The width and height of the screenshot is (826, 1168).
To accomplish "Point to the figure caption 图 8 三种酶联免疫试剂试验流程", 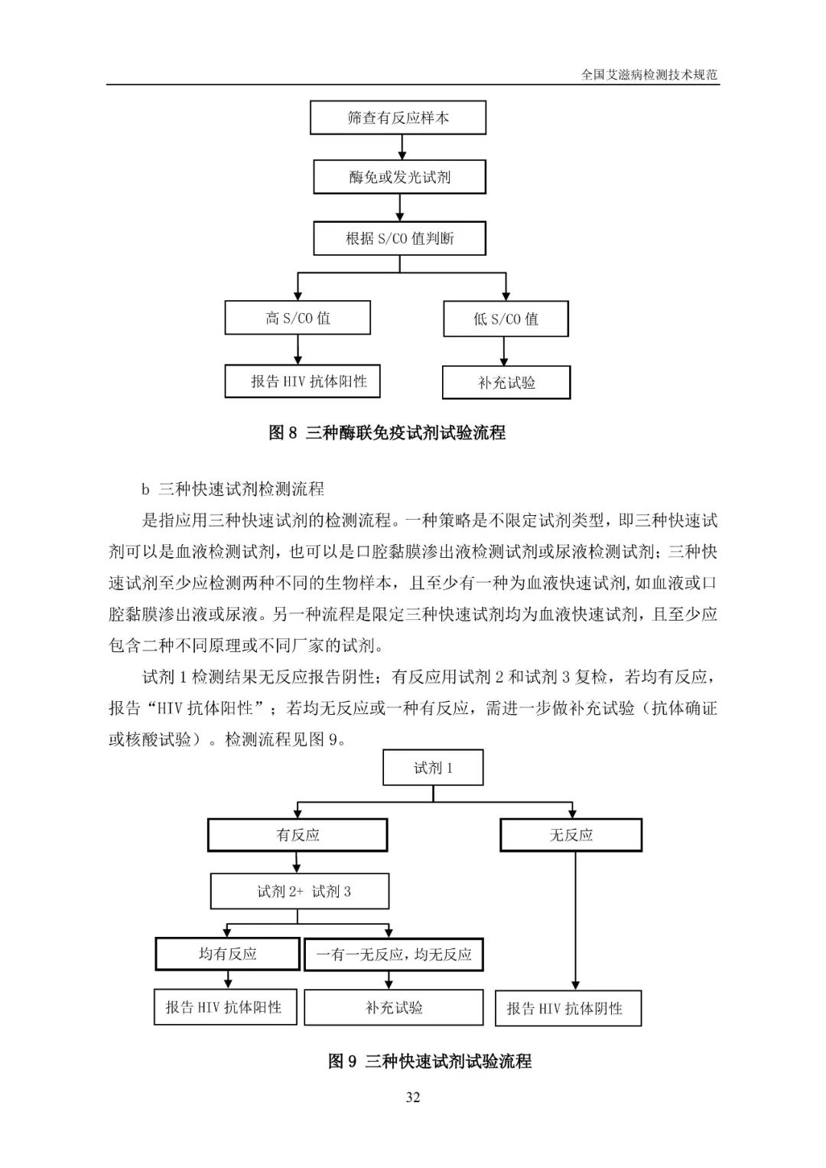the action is pyautogui.click(x=387, y=432).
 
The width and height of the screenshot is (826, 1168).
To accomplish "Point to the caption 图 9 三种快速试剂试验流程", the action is pyautogui.click(x=430, y=1061).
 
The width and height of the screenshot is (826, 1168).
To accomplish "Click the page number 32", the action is pyautogui.click(x=413, y=1097).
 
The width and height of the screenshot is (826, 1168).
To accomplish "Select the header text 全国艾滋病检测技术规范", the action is pyautogui.click(x=649, y=74).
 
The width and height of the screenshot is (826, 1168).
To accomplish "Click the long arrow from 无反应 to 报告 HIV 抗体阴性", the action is pyautogui.click(x=575, y=921).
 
